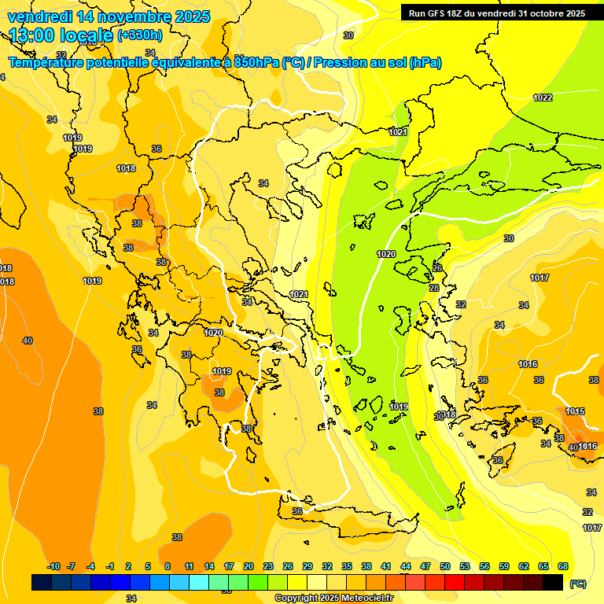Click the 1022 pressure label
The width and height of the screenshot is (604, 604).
coord(543,98)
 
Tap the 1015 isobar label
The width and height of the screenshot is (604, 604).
coord(575,411)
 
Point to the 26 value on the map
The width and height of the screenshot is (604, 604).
coord(437,269)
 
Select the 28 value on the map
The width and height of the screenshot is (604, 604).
coord(433,289)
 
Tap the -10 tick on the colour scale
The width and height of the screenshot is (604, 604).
coord(53,566)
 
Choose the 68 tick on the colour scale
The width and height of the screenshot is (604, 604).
coord(563,566)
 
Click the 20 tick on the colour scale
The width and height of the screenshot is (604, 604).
coord(248,566)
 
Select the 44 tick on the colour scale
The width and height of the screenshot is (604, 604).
coord(406,566)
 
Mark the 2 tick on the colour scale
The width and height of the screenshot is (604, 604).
coord(128,566)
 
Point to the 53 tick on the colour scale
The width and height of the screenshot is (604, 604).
coord(465,566)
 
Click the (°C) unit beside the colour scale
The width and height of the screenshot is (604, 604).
coord(578,584)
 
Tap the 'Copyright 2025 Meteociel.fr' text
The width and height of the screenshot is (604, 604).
coord(333,598)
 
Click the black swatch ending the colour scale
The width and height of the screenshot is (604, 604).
coord(553,583)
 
